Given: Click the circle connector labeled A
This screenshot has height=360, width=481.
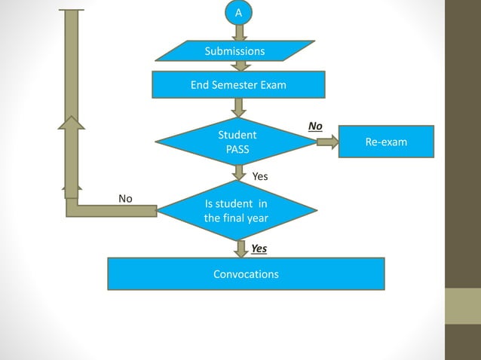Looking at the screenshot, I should [x=239, y=12].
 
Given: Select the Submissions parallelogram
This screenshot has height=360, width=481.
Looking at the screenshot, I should [x=234, y=51].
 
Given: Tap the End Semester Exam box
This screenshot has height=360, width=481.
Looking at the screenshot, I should [x=238, y=85].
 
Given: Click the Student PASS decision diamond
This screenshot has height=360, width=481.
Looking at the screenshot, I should [x=237, y=142].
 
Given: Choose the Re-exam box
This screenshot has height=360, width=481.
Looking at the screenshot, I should [x=386, y=142].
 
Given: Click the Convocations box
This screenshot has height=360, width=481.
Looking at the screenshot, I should [x=246, y=274].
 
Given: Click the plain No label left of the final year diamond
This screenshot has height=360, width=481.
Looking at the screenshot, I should [x=125, y=199].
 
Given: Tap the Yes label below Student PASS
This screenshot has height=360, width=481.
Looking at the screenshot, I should [x=260, y=176].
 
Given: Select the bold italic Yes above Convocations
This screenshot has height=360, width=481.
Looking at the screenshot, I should [x=259, y=249].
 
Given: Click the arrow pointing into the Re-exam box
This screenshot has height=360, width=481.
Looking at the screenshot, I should [x=327, y=142].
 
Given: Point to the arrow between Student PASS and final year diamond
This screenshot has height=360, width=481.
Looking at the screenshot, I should [x=239, y=172].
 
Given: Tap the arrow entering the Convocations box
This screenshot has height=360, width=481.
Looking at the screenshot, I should [x=240, y=249].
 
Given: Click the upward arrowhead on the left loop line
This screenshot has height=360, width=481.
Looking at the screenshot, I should [x=72, y=124].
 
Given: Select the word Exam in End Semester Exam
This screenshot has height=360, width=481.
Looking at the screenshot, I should [x=273, y=85].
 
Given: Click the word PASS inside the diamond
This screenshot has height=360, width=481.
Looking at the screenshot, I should [x=237, y=149].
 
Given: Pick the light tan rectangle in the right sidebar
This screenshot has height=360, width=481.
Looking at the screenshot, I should [x=462, y=306].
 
